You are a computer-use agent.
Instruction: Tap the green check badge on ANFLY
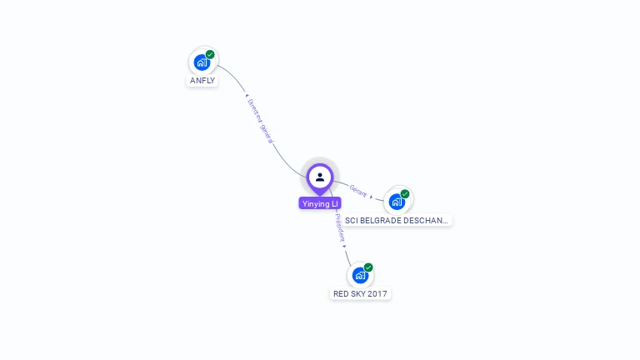pyautogui.click(x=210, y=54)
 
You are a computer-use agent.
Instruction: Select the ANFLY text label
pyautogui.click(x=202, y=81)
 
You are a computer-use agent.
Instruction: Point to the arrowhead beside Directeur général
pyautogui.click(x=247, y=98)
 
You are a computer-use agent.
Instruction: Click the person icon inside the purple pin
pyautogui.click(x=320, y=177)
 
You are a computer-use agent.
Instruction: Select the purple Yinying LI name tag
pyautogui.click(x=320, y=203)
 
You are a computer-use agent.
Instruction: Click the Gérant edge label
pyautogui.click(x=357, y=190)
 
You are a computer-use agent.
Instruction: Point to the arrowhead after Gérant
pyautogui.click(x=371, y=197)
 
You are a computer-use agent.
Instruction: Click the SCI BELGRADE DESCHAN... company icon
pyautogui.click(x=397, y=201)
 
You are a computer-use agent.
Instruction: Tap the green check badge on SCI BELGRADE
pyautogui.click(x=405, y=193)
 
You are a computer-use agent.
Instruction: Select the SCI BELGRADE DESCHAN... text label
pyautogui.click(x=397, y=221)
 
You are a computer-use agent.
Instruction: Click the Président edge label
pyautogui.click(x=339, y=227)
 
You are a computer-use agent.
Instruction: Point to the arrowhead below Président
pyautogui.click(x=344, y=246)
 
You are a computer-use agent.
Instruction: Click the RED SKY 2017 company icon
pyautogui.click(x=360, y=275)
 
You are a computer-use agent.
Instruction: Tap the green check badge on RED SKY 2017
pyautogui.click(x=368, y=267)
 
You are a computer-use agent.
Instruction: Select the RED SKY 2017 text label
pyautogui.click(x=361, y=294)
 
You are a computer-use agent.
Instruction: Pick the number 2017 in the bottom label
pyautogui.click(x=378, y=294)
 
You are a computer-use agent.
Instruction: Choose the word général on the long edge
pyautogui.click(x=266, y=132)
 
